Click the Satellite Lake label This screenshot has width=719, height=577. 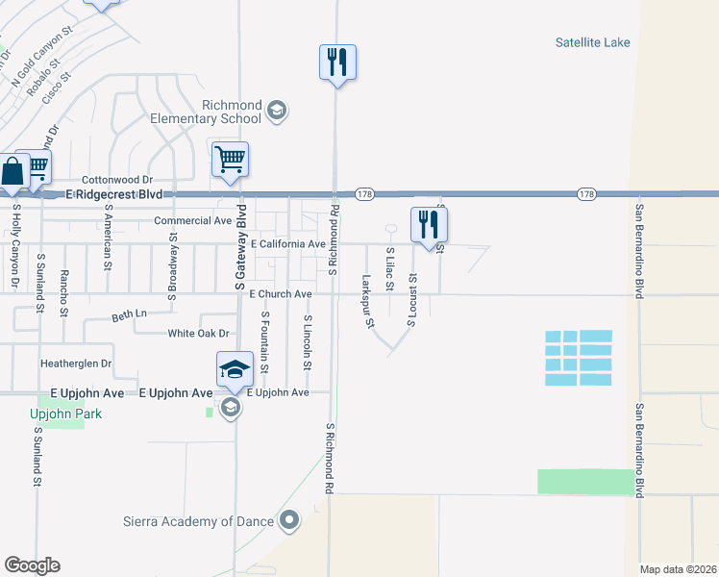tap(591, 42)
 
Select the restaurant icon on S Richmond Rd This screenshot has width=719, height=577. tap(337, 63)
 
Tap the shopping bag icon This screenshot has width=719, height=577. tap(12, 173)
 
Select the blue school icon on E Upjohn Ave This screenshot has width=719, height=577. tap(235, 369)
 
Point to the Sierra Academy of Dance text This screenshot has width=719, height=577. tap(199, 522)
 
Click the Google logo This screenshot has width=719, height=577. tap(32, 565)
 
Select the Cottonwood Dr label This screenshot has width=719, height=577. tap(117, 180)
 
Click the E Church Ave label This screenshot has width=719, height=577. tap(281, 293)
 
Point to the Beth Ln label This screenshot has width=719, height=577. tap(130, 314)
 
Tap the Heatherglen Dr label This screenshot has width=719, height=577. tap(76, 364)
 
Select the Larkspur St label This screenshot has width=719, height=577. tap(368, 302)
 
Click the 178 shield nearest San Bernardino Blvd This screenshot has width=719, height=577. tap(585, 194)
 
